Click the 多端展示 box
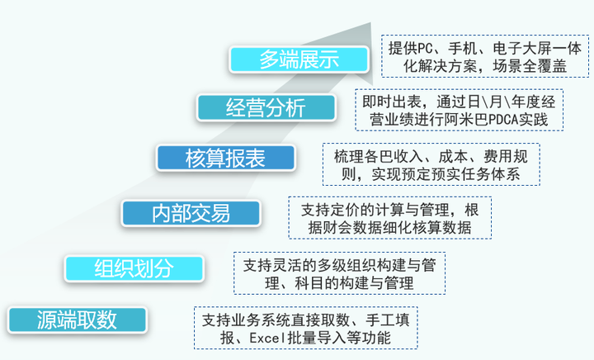pos(299,59)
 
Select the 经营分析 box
pos(266,107)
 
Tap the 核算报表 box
pos(225,158)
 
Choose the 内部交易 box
pos(191,213)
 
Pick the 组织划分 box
pos(134,268)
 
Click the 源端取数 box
pos(77,320)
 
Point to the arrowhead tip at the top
pos(370,23)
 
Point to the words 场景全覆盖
pos(530,66)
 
